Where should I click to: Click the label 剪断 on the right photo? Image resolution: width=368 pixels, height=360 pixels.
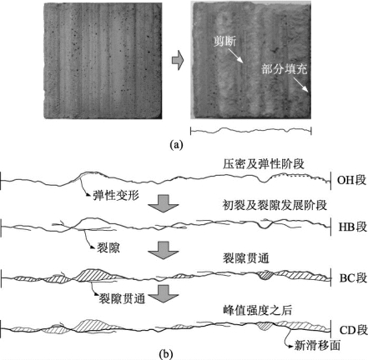(224, 41)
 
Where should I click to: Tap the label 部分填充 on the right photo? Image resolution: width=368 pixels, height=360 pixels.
(285, 69)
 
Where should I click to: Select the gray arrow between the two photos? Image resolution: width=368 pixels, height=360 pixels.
(178, 60)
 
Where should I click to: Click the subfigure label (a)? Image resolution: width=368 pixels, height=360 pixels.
(177, 145)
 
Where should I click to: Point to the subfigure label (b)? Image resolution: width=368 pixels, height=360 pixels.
(166, 354)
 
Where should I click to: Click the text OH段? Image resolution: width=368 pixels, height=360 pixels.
(351, 180)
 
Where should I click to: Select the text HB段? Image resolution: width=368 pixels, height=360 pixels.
(352, 227)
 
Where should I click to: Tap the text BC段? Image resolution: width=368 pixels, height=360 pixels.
(353, 277)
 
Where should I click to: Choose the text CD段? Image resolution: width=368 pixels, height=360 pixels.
(353, 330)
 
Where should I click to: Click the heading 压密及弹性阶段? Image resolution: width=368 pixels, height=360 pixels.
(263, 164)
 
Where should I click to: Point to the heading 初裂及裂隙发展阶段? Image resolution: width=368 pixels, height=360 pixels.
(275, 205)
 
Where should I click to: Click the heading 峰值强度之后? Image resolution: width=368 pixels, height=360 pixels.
(257, 310)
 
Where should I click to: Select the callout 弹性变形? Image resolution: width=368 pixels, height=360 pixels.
(116, 196)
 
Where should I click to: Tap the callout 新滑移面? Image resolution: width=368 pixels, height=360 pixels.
(317, 346)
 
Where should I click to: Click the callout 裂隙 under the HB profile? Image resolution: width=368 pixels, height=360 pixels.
(108, 247)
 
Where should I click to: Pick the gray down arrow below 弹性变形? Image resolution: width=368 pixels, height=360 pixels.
(163, 203)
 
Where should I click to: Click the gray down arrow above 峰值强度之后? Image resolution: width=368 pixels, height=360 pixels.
(163, 294)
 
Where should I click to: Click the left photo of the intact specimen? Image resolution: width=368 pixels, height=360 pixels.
(103, 61)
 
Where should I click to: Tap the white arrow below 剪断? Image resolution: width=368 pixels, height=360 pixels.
(235, 56)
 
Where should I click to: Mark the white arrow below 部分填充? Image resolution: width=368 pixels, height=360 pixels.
(300, 84)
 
